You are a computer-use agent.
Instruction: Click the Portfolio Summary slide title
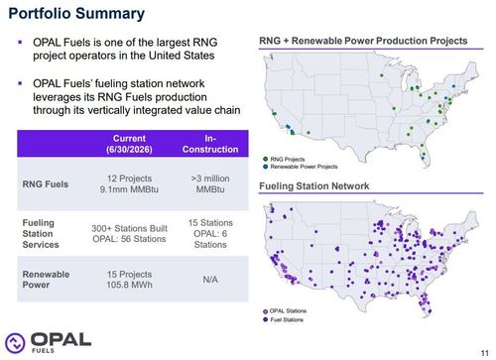pos(76,14)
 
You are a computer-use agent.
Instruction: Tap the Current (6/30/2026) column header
pos(129,144)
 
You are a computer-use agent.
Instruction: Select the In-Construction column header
pos(210,144)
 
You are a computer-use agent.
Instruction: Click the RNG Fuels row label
pos(46,184)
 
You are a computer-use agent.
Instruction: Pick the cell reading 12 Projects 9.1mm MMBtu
pos(129,183)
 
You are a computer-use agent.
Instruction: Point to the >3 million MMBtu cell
pos(210,183)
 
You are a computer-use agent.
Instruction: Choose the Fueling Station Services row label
pos(41,234)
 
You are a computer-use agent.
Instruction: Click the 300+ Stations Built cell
pos(129,234)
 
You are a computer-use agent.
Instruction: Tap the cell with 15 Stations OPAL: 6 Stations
pos(210,234)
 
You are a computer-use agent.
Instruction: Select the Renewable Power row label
pos(46,280)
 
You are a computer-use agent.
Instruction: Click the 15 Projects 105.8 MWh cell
pos(129,280)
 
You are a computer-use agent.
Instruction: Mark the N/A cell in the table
pos(210,280)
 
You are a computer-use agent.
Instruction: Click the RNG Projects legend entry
pos(284,160)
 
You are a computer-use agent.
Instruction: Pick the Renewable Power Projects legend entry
pos(301,167)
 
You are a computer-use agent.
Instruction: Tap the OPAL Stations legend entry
pos(285,311)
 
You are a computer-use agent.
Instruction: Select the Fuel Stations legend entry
pos(283,319)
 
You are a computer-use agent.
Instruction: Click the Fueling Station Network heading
pos(314,186)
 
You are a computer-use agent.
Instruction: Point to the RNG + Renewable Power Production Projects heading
pos(363,41)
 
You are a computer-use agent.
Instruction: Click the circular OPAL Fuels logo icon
pos(15,342)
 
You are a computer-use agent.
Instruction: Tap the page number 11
pos(484,353)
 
